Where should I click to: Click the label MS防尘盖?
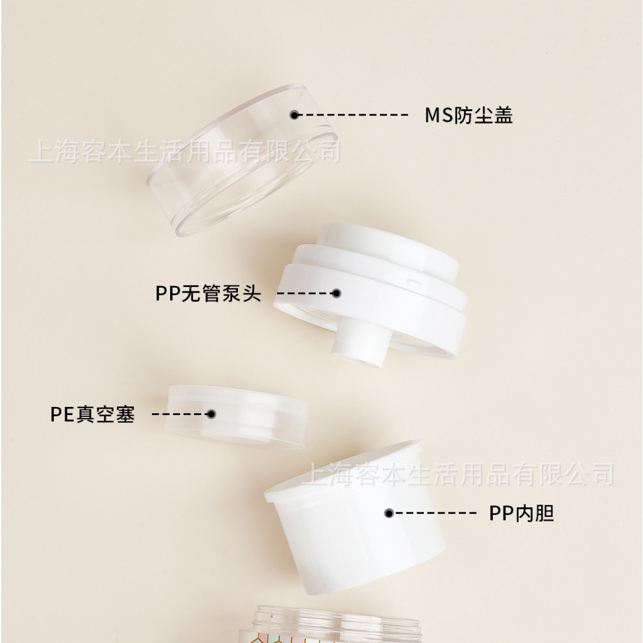[x=468, y=115]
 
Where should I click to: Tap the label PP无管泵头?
[x=208, y=293]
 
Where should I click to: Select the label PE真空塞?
[x=93, y=414]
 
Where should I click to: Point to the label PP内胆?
[x=522, y=513]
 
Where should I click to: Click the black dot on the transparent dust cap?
[x=294, y=115]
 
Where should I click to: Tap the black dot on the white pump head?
[x=337, y=293]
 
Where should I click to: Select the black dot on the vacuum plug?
[x=211, y=414]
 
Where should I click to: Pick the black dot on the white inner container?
[x=389, y=513]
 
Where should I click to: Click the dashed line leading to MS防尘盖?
[x=353, y=115]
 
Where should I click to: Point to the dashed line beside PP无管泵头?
[x=305, y=293]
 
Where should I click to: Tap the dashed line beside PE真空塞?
[x=179, y=414]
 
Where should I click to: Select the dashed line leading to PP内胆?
[x=435, y=513]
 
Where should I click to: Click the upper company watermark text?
[x=185, y=151]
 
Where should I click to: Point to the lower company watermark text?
[x=458, y=474]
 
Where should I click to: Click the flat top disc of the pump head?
[x=387, y=246]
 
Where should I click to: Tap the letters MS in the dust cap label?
[x=438, y=116]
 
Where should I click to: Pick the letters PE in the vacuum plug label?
[x=62, y=414]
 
